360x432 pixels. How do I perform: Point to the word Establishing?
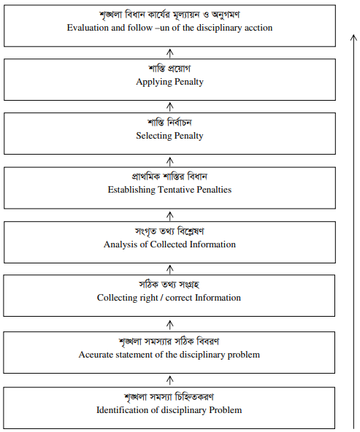tap(131, 190)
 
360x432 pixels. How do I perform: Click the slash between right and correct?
tap(161, 298)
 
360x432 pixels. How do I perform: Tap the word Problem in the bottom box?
tap(226, 410)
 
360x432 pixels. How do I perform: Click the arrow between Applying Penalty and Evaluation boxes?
tap(170, 53)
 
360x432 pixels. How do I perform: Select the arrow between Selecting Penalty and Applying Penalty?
tap(170, 107)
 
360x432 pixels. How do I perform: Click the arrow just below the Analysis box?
tap(170, 270)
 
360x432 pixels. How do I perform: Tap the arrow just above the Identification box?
tap(170, 380)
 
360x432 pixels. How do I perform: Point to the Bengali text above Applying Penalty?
tap(169, 69)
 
